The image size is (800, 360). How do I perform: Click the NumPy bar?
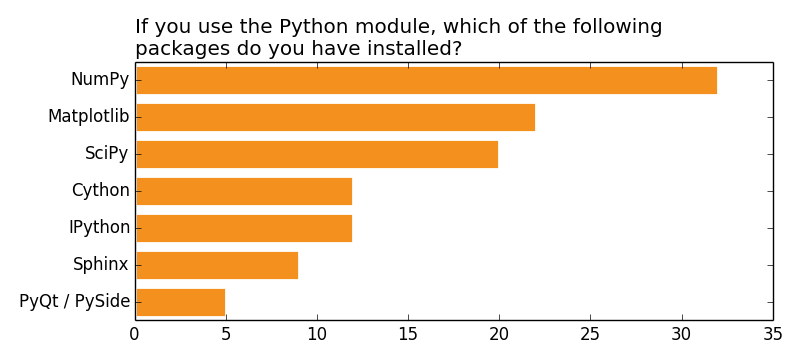pyautogui.click(x=426, y=80)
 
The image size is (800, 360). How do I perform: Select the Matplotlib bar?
pyautogui.click(x=335, y=117)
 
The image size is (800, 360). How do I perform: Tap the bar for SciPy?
pyautogui.click(x=317, y=154)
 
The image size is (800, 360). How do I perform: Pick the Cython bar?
pyautogui.click(x=244, y=191)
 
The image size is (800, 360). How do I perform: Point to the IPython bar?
pyautogui.click(x=244, y=228)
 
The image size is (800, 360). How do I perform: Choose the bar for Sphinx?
pyautogui.click(x=217, y=265)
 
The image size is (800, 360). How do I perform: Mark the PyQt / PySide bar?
pyautogui.click(x=180, y=302)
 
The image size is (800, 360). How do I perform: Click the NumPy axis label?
pyautogui.click(x=100, y=80)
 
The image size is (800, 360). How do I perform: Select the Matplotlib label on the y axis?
pyautogui.click(x=89, y=117)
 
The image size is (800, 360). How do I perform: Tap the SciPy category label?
pyautogui.click(x=107, y=154)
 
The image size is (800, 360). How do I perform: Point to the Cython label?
pyautogui.click(x=101, y=191)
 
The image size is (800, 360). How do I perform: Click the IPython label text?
pyautogui.click(x=100, y=228)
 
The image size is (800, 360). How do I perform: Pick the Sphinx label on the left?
pyautogui.click(x=101, y=265)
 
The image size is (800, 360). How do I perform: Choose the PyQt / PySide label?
pyautogui.click(x=75, y=302)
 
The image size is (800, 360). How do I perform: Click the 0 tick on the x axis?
pyautogui.click(x=135, y=333)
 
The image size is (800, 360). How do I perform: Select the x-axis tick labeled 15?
pyautogui.click(x=408, y=333)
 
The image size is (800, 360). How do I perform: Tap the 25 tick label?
pyautogui.click(x=590, y=333)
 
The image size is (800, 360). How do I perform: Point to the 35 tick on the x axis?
pyautogui.click(x=772, y=333)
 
